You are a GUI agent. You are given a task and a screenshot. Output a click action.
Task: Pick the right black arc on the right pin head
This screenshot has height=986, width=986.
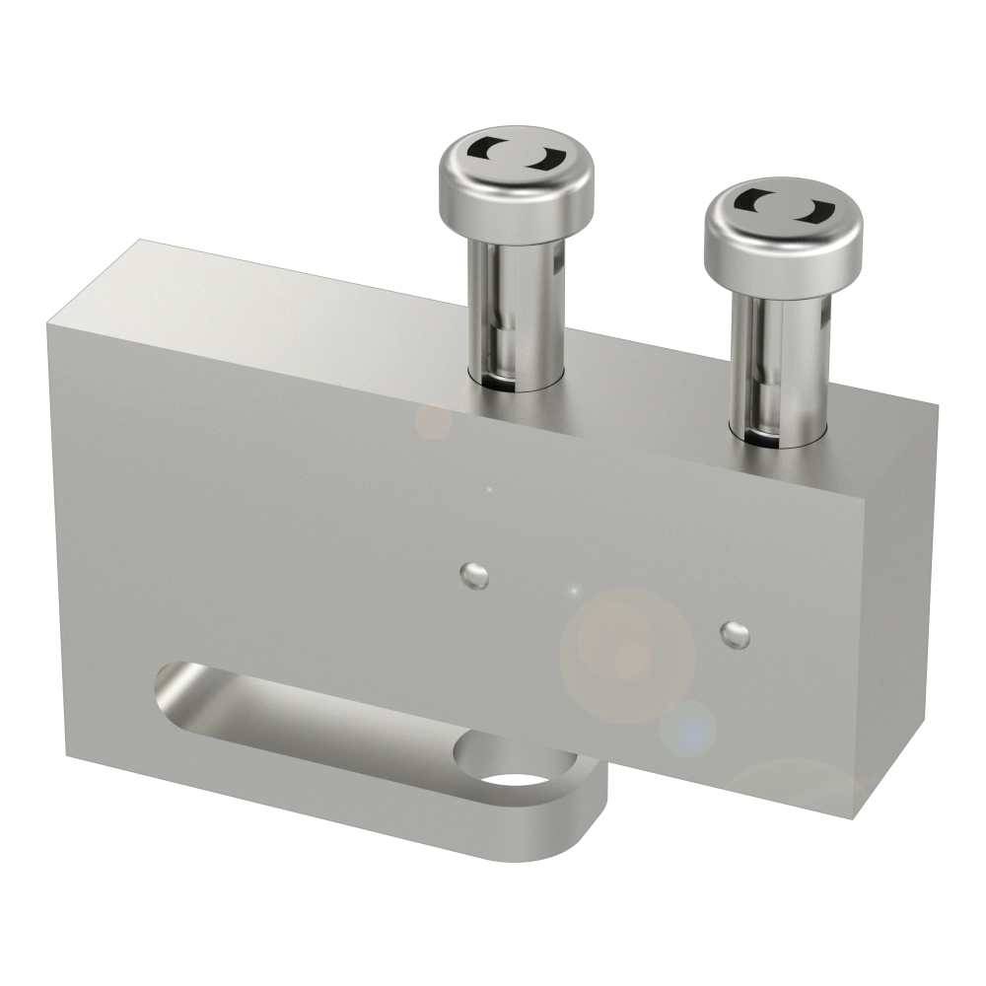tap(815, 209)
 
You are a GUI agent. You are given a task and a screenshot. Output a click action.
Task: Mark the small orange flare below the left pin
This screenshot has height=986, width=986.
tap(432, 421)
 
